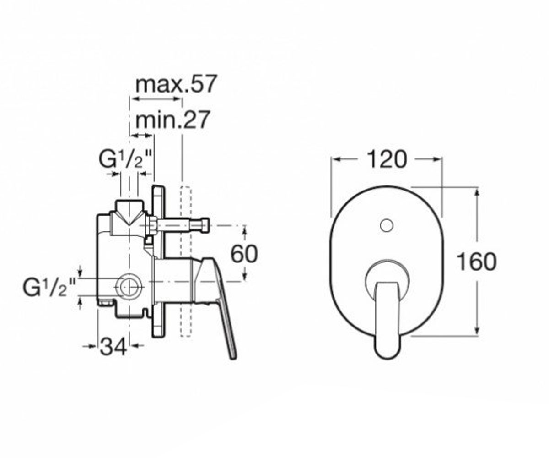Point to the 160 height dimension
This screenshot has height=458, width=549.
pyautogui.click(x=477, y=262)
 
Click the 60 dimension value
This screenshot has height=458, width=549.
pyautogui.click(x=244, y=254)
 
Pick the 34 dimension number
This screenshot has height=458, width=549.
pyautogui.click(x=113, y=346)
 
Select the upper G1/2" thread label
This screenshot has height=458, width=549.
pyautogui.click(x=126, y=159)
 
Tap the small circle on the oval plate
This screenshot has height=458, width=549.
pyautogui.click(x=387, y=226)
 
